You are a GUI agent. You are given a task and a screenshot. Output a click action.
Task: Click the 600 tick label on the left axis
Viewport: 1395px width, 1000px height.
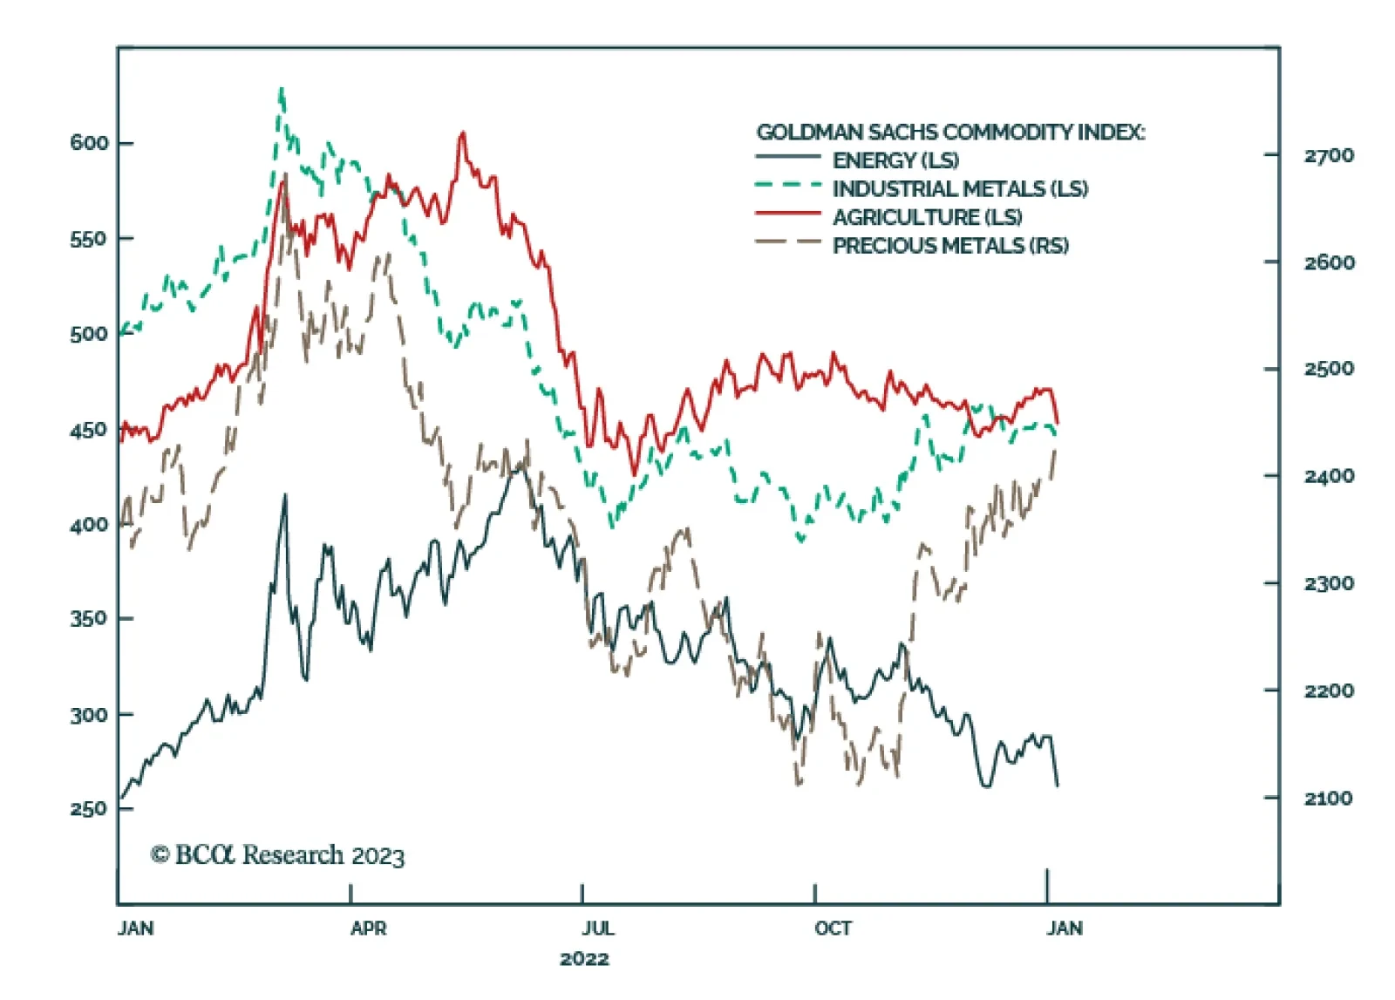point(89,143)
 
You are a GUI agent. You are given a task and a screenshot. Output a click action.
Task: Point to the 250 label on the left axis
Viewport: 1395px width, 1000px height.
point(89,808)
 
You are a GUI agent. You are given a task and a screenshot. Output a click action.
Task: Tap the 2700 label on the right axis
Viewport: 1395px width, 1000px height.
point(1329,156)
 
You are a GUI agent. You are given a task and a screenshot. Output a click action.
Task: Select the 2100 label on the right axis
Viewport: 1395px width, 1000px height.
point(1329,798)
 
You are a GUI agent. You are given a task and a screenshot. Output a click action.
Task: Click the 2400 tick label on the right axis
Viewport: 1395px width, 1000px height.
point(1329,476)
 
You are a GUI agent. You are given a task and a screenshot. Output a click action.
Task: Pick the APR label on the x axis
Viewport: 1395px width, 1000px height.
point(368,929)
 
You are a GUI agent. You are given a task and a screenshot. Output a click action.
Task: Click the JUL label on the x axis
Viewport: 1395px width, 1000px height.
point(598,929)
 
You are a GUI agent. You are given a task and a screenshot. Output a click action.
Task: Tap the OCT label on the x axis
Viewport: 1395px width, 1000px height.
point(833,929)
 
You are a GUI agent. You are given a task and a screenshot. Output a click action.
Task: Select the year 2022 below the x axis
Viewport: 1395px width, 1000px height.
point(584,959)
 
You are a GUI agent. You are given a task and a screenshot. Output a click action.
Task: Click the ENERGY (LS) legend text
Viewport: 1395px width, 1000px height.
point(895,160)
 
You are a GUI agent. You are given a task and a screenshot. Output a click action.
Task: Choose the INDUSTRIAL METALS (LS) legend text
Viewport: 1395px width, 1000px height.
point(960,188)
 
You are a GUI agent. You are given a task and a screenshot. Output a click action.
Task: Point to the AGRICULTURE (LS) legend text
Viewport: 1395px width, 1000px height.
point(927,217)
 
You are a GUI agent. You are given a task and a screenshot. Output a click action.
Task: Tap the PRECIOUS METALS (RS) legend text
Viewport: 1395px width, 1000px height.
point(950,246)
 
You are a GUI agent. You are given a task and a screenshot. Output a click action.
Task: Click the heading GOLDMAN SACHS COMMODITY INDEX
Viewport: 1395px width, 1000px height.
point(950,133)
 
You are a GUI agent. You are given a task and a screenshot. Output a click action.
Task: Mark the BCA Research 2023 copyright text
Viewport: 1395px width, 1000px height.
point(278,855)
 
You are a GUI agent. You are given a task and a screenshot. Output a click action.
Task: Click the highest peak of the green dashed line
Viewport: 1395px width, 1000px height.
point(281,89)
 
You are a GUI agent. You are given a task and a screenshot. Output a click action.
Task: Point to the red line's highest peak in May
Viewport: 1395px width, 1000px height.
point(463,133)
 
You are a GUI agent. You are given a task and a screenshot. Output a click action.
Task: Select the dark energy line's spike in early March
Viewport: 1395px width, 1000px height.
point(284,495)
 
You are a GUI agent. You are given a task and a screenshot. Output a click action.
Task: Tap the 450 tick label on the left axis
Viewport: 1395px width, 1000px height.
point(89,430)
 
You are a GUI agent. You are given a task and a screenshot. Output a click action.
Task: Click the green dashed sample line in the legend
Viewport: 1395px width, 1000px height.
point(788,185)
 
